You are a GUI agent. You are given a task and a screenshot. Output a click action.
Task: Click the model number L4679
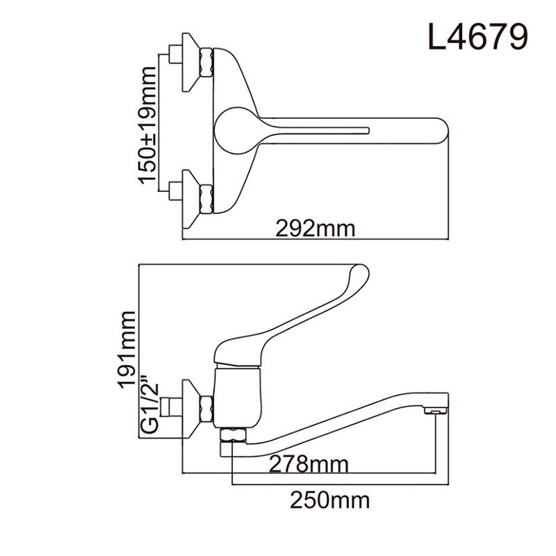476,38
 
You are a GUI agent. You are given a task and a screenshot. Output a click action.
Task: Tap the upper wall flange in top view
190,62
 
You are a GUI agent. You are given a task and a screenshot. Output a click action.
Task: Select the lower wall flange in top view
190,197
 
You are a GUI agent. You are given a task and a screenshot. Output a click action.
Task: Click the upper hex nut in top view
206,62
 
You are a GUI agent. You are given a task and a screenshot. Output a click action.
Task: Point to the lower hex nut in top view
206,197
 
